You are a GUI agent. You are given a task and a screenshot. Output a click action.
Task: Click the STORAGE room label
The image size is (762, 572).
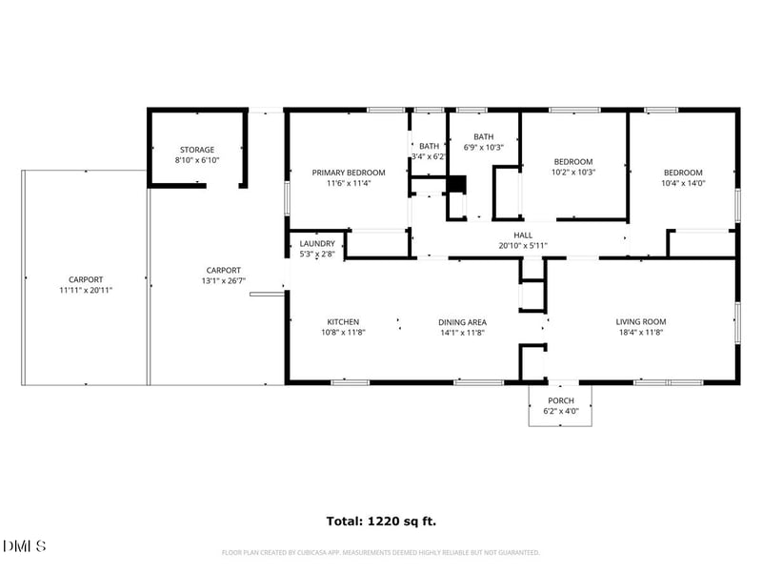[x=197, y=150]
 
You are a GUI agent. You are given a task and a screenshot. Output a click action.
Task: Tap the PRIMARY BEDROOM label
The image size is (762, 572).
[x=349, y=173]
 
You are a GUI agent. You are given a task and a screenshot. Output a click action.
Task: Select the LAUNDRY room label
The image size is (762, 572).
[x=317, y=244]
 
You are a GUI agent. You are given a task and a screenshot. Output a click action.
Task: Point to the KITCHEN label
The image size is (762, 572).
[x=343, y=322]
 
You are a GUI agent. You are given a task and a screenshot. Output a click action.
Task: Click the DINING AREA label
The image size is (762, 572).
[x=463, y=322]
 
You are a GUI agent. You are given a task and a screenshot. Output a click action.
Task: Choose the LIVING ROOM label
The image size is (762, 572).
[x=640, y=322]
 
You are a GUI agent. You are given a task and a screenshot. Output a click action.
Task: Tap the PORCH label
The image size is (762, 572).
[x=560, y=400]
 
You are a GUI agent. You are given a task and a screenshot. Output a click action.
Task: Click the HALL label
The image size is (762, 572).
[x=523, y=235]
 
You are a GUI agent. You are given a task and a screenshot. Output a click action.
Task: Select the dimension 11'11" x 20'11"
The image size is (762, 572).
[x=85, y=291]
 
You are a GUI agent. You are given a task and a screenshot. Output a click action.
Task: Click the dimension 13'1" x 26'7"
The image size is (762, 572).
[x=224, y=280]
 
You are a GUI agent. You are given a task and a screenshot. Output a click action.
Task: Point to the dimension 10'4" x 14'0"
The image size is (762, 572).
[x=683, y=183]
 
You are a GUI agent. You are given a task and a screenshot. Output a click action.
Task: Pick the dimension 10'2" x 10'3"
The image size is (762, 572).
[x=573, y=173]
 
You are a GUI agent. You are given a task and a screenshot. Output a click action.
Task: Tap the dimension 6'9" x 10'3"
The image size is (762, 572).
[x=484, y=147]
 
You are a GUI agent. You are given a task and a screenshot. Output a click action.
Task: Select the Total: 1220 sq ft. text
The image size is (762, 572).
[x=381, y=521]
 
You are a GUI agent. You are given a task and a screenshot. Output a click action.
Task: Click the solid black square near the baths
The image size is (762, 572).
[x=457, y=184]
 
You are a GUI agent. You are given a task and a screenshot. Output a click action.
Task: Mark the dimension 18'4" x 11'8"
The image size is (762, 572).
[x=640, y=333]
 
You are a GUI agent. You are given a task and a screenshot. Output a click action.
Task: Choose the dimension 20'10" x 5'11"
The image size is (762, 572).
[x=523, y=245]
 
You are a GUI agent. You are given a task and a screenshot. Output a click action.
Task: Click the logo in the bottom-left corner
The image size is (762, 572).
[x=25, y=546]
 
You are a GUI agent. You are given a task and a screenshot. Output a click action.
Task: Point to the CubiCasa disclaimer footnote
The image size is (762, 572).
[x=381, y=552]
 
